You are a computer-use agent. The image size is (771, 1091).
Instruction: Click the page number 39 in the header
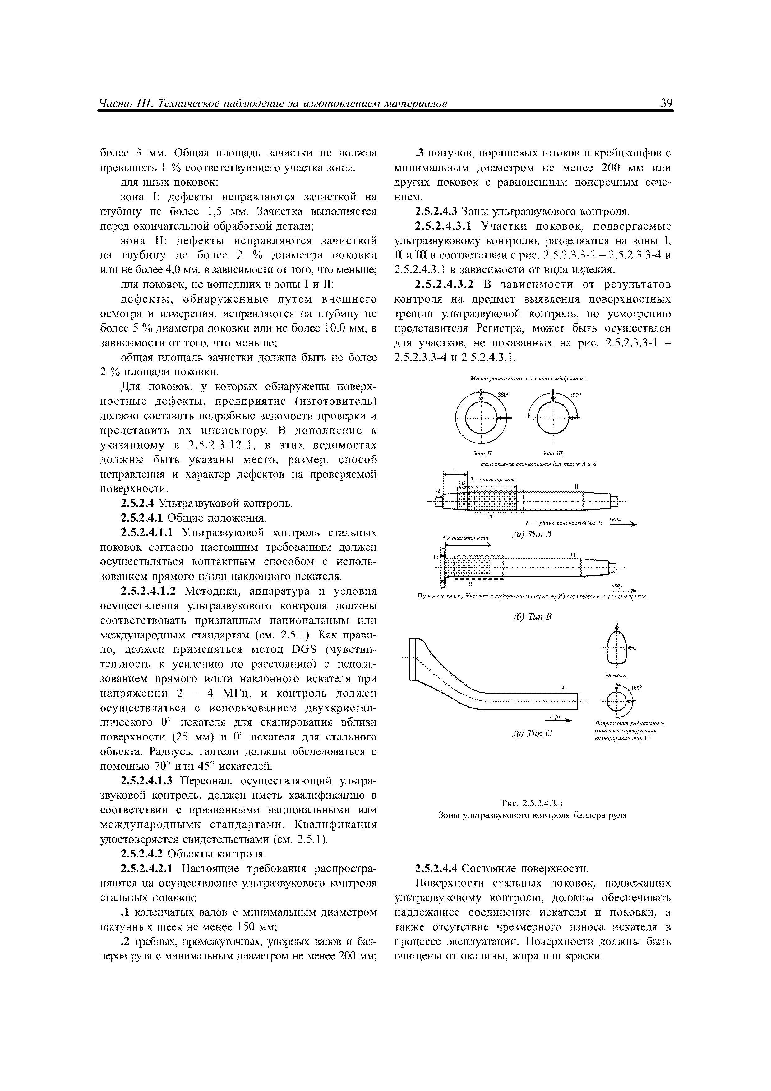[x=666, y=104]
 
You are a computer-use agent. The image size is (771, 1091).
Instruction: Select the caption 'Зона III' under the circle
[x=552, y=453]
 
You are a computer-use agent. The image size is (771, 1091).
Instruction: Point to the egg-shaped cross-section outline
[x=616, y=647]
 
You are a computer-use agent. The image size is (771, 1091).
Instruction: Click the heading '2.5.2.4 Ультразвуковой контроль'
[x=207, y=503]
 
